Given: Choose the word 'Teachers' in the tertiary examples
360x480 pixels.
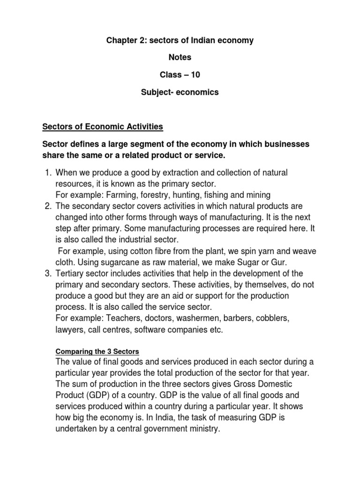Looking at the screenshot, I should tap(124, 318).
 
